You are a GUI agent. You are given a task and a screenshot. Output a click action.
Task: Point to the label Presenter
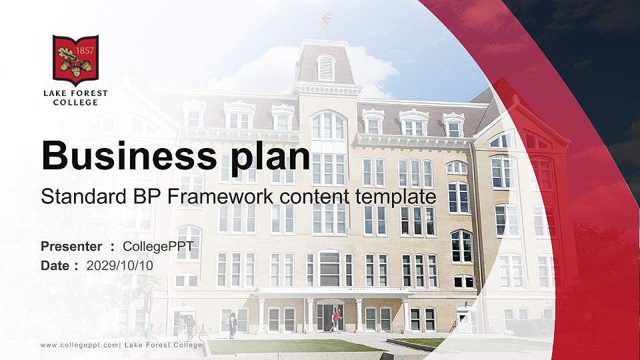pyautogui.click(x=71, y=247)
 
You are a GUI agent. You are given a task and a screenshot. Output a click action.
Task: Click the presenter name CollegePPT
pyautogui.click(x=158, y=247)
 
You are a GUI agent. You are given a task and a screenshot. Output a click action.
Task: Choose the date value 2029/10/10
pyautogui.click(x=120, y=265)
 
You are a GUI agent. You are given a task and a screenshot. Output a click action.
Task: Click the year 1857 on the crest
pyautogui.click(x=85, y=51)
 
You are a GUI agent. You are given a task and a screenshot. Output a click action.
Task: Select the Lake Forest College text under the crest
pyautogui.click(x=75, y=97)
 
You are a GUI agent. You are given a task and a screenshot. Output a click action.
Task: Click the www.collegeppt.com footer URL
pyautogui.click(x=79, y=345)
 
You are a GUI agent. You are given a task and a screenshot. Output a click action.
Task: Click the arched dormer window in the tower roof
pyautogui.click(x=326, y=67)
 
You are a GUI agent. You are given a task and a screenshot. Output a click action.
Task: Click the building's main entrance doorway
pyautogui.click(x=328, y=317)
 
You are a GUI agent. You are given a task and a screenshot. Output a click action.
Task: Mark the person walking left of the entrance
pyautogui.click(x=233, y=325)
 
